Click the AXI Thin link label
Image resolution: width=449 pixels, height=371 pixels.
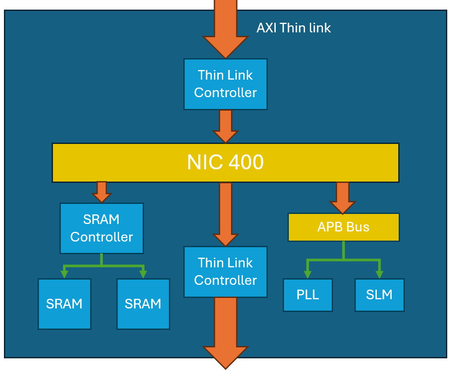pos(293,28)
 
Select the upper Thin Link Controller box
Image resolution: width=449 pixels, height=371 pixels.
pos(225,84)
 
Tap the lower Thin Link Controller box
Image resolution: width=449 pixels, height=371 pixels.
pos(225,272)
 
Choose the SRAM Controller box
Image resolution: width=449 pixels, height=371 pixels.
pos(102,228)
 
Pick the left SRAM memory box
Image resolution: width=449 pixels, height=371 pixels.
pos(64,304)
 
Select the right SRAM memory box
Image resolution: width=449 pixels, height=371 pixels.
pos(143,304)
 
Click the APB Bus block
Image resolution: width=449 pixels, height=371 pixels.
pos(344,227)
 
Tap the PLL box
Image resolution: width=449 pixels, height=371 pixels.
pos(308,295)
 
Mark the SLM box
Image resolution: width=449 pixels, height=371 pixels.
pos(379,295)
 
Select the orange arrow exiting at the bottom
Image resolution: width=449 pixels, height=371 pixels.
pos(225,337)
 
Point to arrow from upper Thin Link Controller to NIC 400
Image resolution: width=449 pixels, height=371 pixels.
pos(225,126)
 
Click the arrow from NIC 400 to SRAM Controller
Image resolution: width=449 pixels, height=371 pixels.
pos(102,192)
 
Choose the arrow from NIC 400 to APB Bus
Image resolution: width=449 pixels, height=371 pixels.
pos(342,198)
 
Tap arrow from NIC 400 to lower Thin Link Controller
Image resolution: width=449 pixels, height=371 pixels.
pos(225,214)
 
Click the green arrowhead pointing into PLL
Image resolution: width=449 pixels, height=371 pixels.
pos(308,274)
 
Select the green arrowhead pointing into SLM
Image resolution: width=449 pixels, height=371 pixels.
pos(379,274)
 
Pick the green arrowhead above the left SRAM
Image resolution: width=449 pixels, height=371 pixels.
pos(64,274)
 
